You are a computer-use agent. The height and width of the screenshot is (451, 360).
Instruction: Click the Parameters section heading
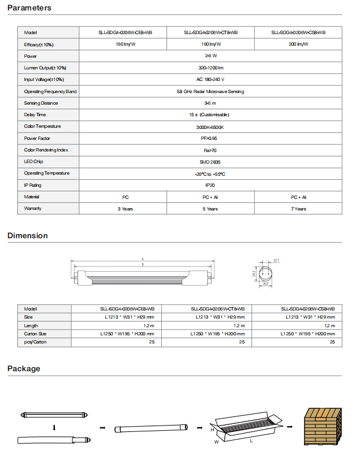pos(29,8)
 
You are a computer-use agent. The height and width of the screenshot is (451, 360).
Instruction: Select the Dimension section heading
pos(28,235)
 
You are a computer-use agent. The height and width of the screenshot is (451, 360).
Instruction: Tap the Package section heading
pos(24,369)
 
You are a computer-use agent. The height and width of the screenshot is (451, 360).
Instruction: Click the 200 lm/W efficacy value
pos(298,44)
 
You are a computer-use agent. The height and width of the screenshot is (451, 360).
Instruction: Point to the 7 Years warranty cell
pos(298,209)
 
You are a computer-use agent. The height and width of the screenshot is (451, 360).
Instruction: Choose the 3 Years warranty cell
pos(125,209)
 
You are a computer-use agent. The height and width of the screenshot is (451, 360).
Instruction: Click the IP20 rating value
pos(210,185)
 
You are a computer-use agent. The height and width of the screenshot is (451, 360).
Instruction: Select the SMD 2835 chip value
pos(210,161)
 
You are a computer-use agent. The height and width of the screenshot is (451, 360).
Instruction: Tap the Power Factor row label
pos(38,138)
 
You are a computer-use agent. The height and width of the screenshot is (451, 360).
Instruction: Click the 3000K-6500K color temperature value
pos(210,126)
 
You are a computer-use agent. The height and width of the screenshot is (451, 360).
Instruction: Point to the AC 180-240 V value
pos(210,79)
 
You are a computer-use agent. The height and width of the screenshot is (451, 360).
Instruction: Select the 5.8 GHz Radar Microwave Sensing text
pos(210,91)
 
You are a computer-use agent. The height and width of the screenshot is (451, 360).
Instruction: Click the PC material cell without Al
pos(125,197)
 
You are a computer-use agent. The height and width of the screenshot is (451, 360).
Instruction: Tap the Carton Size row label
pos(35,334)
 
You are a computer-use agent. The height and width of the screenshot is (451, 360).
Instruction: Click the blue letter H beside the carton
pos(213,430)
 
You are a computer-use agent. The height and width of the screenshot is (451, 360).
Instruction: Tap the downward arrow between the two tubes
pos(54,428)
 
